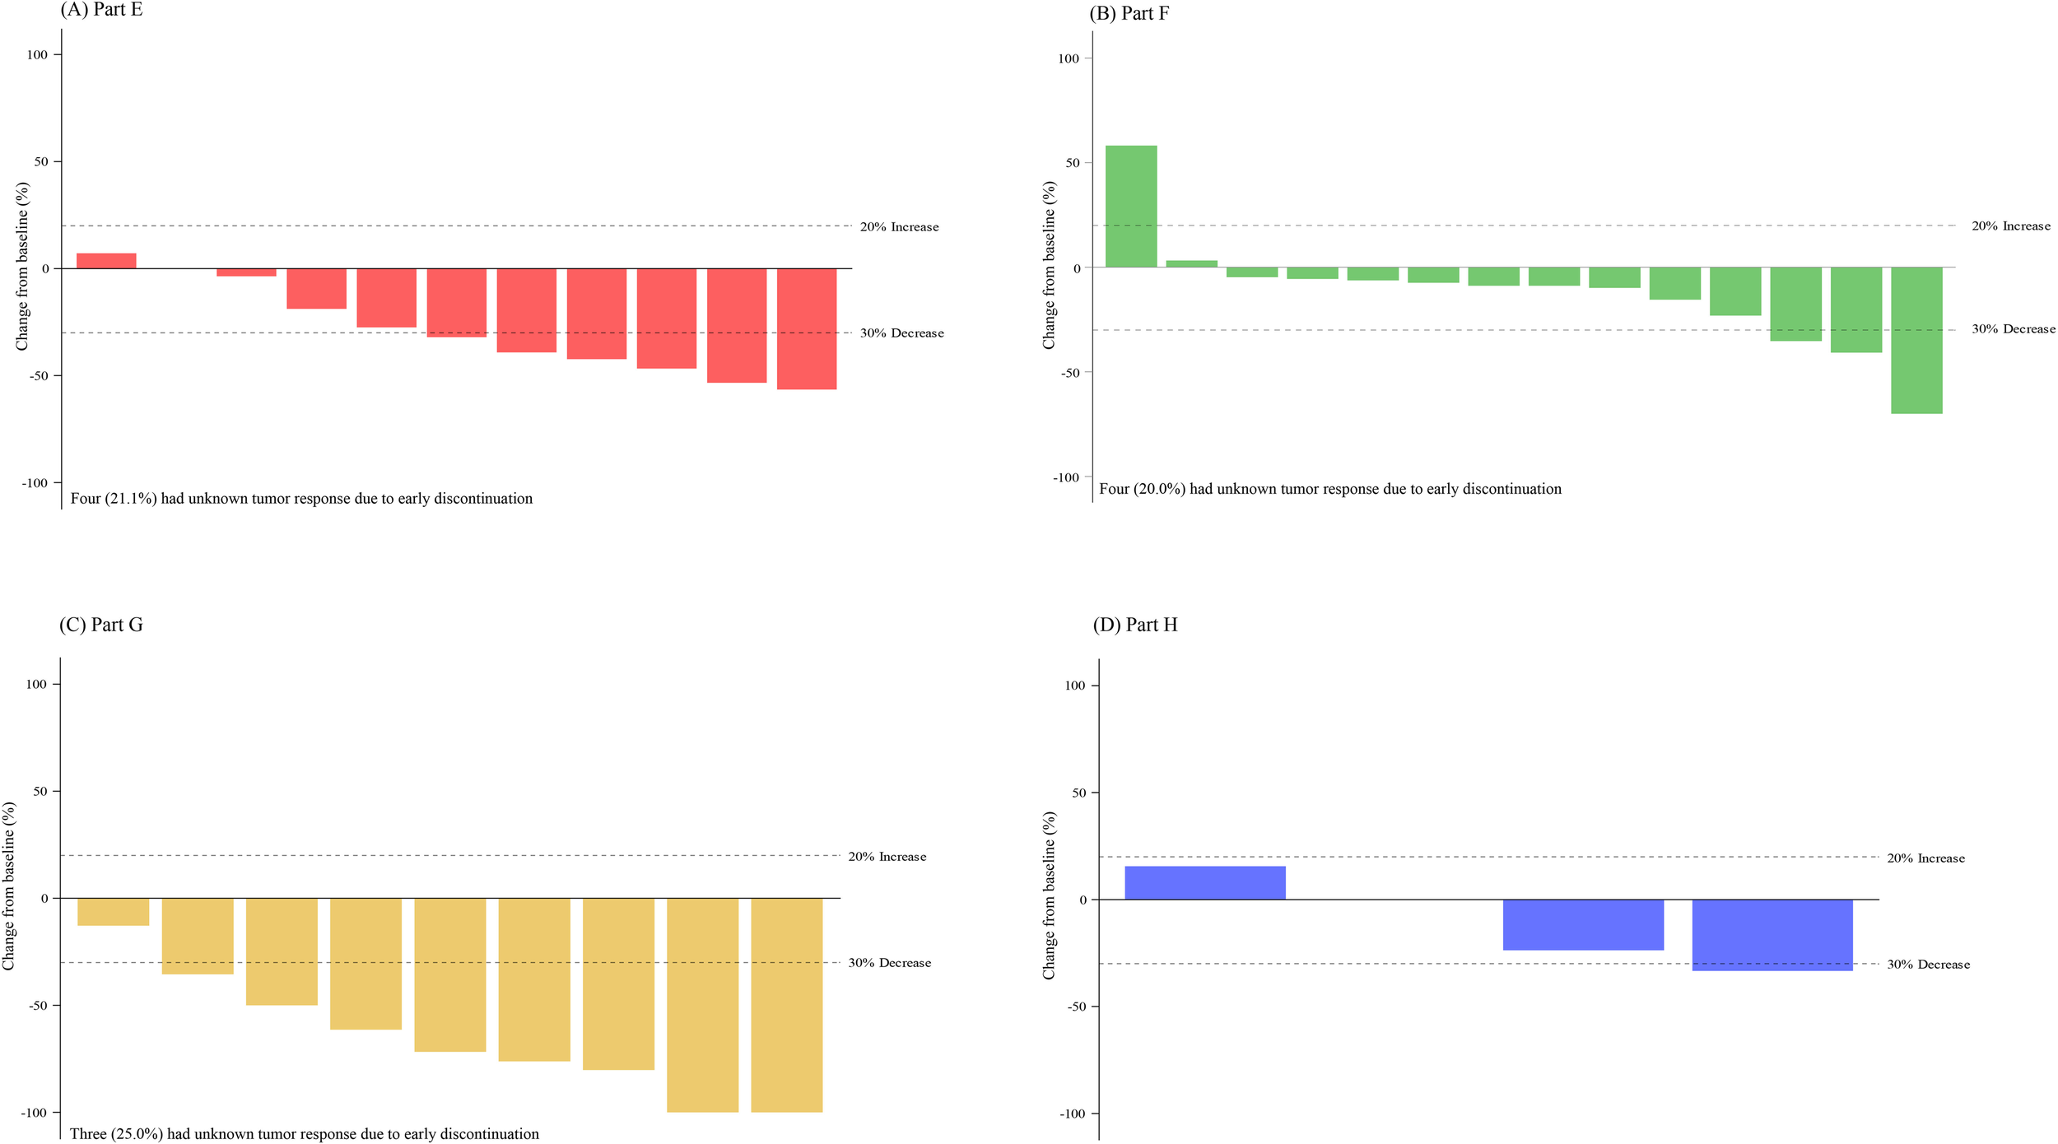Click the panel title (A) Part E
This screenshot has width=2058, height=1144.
click(101, 10)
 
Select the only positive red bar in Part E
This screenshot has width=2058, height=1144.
click(106, 261)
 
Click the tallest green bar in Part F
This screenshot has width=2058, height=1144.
click(1131, 206)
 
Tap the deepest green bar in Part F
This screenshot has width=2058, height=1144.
click(1916, 339)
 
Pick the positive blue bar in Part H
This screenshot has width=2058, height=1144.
click(1204, 883)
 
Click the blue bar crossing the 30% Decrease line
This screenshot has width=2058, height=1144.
click(1772, 935)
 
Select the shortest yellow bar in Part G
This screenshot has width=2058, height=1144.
click(113, 912)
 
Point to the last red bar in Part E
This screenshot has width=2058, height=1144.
click(806, 328)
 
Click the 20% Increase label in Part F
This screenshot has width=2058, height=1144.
click(2010, 226)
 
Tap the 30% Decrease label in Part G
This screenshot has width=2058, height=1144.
click(889, 963)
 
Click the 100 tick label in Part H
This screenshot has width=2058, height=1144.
click(1074, 686)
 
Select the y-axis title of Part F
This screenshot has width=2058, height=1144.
click(1049, 265)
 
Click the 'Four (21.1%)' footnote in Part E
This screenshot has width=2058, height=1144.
click(301, 499)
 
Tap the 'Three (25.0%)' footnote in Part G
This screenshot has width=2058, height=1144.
click(304, 1134)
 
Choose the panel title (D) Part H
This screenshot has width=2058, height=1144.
click(1134, 625)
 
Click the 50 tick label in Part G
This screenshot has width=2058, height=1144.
click(40, 792)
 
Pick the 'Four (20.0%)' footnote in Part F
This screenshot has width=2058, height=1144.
click(1329, 489)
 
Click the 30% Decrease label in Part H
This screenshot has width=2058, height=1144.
click(1928, 965)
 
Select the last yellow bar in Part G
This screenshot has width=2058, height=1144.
click(786, 1004)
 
